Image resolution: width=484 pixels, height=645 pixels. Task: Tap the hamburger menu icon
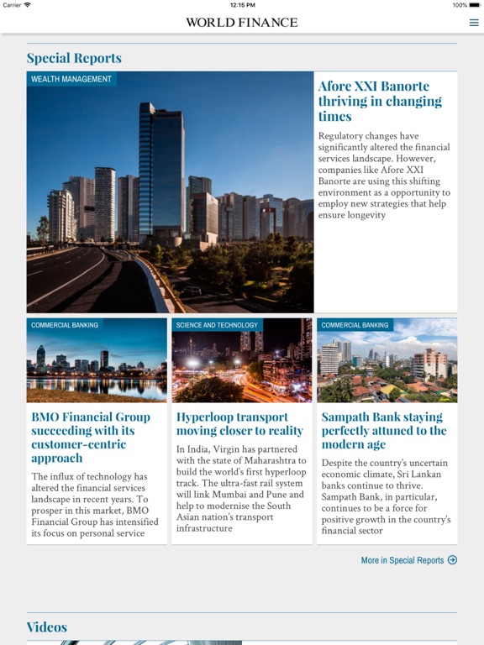tap(474, 23)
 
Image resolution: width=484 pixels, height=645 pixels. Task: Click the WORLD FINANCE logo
tap(242, 23)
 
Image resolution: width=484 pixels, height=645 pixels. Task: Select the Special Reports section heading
tap(74, 58)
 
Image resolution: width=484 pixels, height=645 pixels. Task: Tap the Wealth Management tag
tap(71, 79)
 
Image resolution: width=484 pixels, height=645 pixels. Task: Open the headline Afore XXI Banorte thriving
tap(380, 101)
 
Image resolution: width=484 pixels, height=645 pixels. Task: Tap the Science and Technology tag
tap(217, 325)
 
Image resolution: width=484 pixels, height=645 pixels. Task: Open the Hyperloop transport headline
tap(239, 423)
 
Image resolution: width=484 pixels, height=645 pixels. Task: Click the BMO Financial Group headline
tap(91, 437)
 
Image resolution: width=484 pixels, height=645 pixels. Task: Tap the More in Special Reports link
tap(402, 560)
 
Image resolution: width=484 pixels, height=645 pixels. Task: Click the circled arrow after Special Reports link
tap(453, 560)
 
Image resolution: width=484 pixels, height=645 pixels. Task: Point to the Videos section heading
tap(47, 627)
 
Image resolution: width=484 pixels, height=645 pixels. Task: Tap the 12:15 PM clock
tap(242, 5)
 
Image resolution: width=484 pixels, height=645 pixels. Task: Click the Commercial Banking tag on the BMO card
tap(65, 325)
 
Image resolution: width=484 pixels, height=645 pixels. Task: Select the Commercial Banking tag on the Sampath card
tap(355, 325)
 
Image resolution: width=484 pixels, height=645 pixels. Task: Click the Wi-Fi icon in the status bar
tap(28, 5)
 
